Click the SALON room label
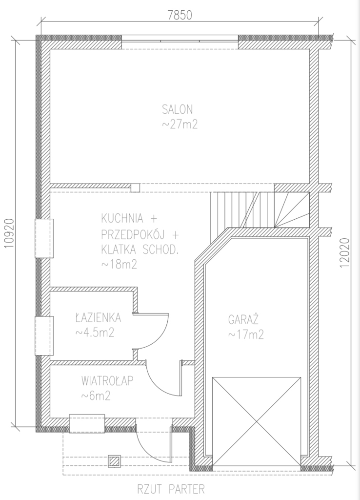click(x=178, y=109)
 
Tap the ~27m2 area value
click(x=180, y=124)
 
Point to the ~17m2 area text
click(x=246, y=334)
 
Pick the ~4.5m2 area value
click(x=95, y=333)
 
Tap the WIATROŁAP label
click(x=107, y=381)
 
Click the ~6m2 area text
click(x=96, y=396)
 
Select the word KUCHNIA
click(x=122, y=219)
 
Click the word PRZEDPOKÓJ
click(x=133, y=234)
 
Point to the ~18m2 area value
click(x=119, y=264)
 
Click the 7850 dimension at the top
click(x=180, y=15)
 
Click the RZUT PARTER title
click(x=171, y=488)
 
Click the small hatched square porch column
click(x=114, y=461)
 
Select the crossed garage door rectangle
click(x=257, y=422)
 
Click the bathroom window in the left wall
click(x=44, y=336)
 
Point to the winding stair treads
click(x=292, y=210)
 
